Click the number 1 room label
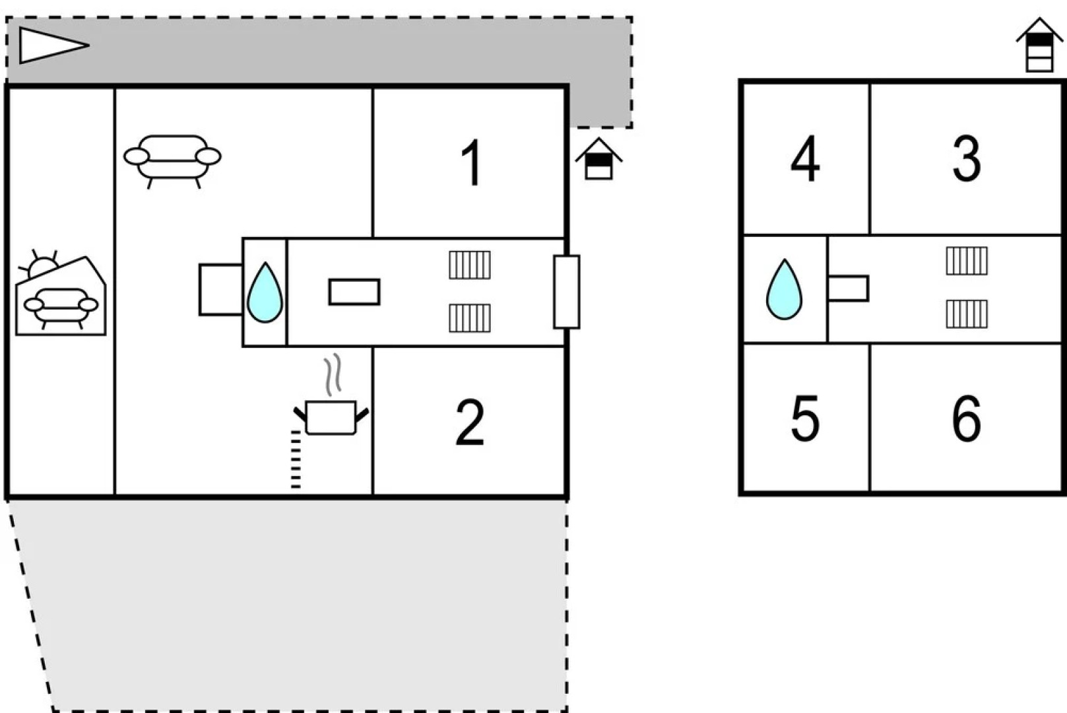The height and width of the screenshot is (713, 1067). [x=471, y=163]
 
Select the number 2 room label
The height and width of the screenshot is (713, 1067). [x=470, y=423]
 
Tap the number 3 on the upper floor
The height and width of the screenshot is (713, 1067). [x=967, y=159]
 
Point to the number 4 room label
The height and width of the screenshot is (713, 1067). [x=805, y=159]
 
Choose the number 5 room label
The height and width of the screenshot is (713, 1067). [x=805, y=419]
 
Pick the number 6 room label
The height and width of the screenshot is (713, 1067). [x=967, y=419]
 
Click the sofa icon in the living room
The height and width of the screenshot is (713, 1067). [x=172, y=159]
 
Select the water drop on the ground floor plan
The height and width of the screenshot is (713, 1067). [x=265, y=293]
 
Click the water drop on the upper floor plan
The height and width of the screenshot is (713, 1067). [x=784, y=290]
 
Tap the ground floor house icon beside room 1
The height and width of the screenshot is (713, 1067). [x=598, y=159]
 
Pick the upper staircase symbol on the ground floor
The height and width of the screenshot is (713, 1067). [x=470, y=265]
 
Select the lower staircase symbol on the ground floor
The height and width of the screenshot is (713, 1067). [x=470, y=318]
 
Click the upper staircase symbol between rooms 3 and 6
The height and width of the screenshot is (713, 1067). [x=967, y=261]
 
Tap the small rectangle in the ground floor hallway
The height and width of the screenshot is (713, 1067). [x=354, y=292]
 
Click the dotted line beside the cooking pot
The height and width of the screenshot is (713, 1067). [x=296, y=459]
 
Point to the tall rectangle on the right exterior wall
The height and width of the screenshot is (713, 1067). [x=566, y=292]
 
